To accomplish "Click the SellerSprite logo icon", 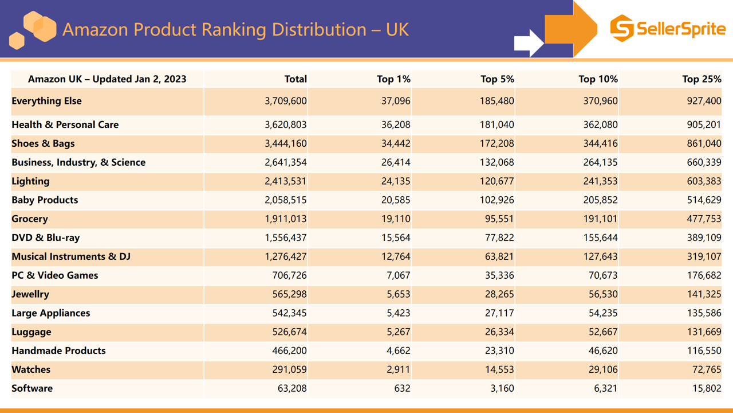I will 621,28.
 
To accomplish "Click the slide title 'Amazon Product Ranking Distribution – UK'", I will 235,29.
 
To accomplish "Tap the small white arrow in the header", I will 528,43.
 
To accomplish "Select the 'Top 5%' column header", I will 497,79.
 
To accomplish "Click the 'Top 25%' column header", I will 702,79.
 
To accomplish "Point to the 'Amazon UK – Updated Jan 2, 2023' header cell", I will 107,79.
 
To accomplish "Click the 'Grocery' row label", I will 30,219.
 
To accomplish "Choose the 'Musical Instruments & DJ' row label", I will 71,256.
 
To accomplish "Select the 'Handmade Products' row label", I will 58,350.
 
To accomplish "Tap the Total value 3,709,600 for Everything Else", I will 286,101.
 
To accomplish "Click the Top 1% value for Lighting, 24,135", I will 396,181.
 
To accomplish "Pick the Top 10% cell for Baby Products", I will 600,200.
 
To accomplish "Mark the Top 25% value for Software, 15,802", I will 706,388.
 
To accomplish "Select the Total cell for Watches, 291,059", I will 289,369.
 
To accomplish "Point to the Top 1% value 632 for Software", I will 402,388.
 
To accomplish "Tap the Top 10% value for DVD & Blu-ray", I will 600,237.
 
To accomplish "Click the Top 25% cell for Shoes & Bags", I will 704,143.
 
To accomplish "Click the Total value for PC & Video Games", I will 289,275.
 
